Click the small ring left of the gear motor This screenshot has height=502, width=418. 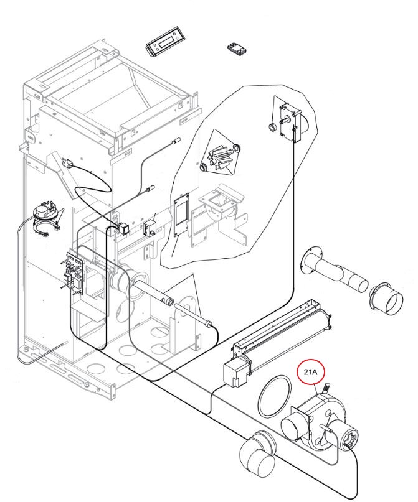[272, 128]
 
